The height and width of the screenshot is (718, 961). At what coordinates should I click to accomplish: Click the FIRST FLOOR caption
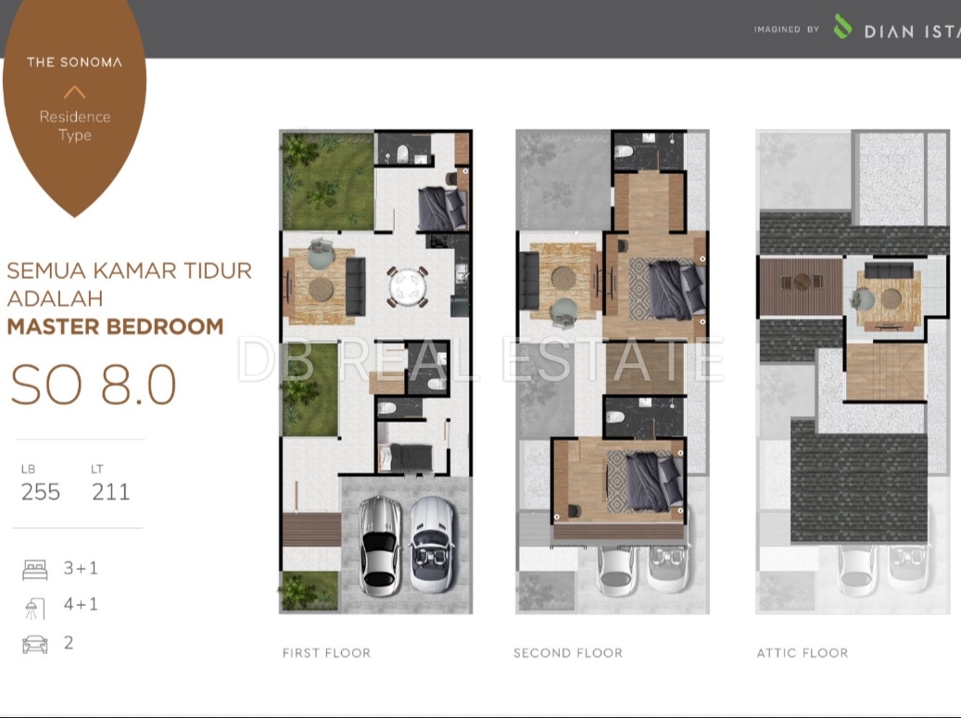click(327, 653)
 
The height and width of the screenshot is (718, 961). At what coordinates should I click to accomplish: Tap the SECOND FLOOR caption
click(568, 653)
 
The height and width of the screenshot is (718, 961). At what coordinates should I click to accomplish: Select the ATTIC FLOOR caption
click(803, 653)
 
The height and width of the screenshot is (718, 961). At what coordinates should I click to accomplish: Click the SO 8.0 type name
click(94, 384)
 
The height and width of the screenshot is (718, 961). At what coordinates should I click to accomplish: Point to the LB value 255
click(41, 492)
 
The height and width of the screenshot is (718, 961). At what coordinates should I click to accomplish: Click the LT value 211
click(111, 492)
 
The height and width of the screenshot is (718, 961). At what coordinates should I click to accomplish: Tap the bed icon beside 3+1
click(35, 570)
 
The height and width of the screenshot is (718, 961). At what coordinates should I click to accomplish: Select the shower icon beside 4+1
click(34, 609)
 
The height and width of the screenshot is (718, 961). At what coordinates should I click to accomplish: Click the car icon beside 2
click(35, 645)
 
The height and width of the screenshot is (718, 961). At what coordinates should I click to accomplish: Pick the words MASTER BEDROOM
click(115, 326)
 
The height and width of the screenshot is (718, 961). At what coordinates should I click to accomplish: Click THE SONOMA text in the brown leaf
click(75, 62)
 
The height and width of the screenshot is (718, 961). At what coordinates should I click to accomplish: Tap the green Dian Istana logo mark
click(842, 26)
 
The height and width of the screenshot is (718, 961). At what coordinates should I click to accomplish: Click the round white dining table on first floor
click(408, 286)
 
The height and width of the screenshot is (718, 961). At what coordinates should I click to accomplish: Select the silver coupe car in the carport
click(380, 546)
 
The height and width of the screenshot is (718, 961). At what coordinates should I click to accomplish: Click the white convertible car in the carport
click(432, 544)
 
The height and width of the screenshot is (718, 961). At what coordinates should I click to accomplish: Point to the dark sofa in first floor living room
click(356, 286)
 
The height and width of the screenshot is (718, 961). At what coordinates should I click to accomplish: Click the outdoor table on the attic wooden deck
click(803, 282)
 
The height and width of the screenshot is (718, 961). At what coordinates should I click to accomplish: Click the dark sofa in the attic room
click(889, 271)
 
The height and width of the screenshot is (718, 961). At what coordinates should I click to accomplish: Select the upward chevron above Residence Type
click(74, 93)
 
